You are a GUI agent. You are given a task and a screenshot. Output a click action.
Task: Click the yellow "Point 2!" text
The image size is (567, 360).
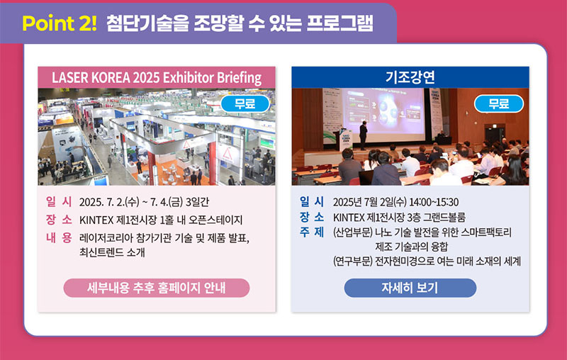(60, 23)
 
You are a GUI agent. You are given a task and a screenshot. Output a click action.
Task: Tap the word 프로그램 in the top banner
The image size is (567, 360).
(339, 23)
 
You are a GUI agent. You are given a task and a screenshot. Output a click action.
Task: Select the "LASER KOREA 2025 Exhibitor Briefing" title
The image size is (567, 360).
(157, 78)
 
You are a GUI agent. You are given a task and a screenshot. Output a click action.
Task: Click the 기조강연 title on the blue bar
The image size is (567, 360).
(410, 77)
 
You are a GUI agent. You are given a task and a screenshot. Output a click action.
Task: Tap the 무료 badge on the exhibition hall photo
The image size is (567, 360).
(245, 103)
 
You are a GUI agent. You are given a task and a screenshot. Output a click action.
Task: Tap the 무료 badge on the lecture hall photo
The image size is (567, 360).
(499, 103)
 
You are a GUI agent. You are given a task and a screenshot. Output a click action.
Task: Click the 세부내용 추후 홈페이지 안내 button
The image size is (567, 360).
(157, 288)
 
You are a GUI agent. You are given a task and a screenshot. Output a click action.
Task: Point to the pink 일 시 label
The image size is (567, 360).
(59, 201)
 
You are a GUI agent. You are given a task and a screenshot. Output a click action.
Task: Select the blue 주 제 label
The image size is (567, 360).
(312, 232)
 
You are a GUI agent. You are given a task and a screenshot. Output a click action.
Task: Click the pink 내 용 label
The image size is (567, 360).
(59, 237)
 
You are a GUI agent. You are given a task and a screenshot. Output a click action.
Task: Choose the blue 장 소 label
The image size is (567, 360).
(312, 217)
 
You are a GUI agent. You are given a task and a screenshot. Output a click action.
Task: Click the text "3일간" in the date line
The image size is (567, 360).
(197, 202)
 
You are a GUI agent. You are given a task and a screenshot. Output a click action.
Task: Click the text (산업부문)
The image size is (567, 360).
(352, 232)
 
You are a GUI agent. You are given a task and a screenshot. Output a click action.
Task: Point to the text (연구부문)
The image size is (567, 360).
(352, 261)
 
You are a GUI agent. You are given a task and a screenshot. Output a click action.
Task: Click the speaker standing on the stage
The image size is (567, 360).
(363, 135)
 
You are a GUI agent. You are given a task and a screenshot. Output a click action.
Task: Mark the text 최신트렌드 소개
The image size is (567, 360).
(112, 252)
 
